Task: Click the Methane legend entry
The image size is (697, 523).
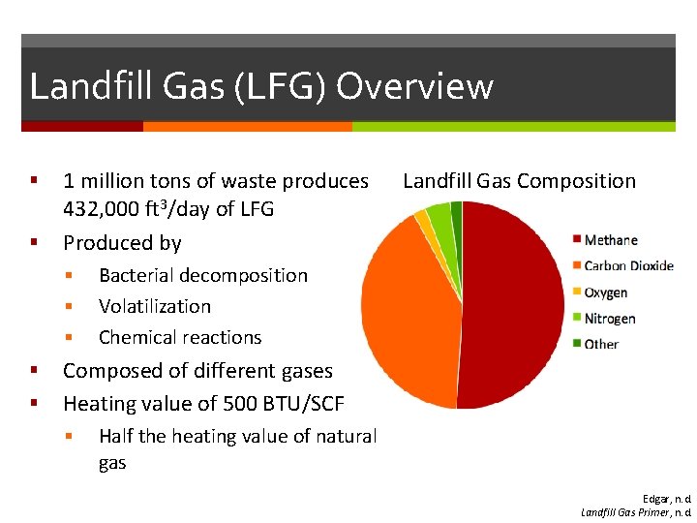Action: pos(610,240)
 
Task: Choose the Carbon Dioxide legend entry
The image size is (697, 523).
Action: pos(627,266)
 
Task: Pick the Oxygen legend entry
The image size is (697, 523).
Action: pos(605,292)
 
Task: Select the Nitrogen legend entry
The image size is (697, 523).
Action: pos(609,318)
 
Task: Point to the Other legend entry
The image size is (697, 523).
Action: pos(600,344)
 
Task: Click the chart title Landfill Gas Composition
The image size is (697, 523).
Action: pos(519,181)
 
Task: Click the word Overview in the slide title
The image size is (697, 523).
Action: pos(414,86)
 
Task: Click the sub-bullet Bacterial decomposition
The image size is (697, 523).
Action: pos(202,275)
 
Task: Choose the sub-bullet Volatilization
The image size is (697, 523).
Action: pos(154,306)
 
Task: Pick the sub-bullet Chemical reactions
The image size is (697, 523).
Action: pos(180,337)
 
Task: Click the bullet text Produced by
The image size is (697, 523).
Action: pos(122,243)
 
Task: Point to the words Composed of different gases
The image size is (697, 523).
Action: pos(197,371)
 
